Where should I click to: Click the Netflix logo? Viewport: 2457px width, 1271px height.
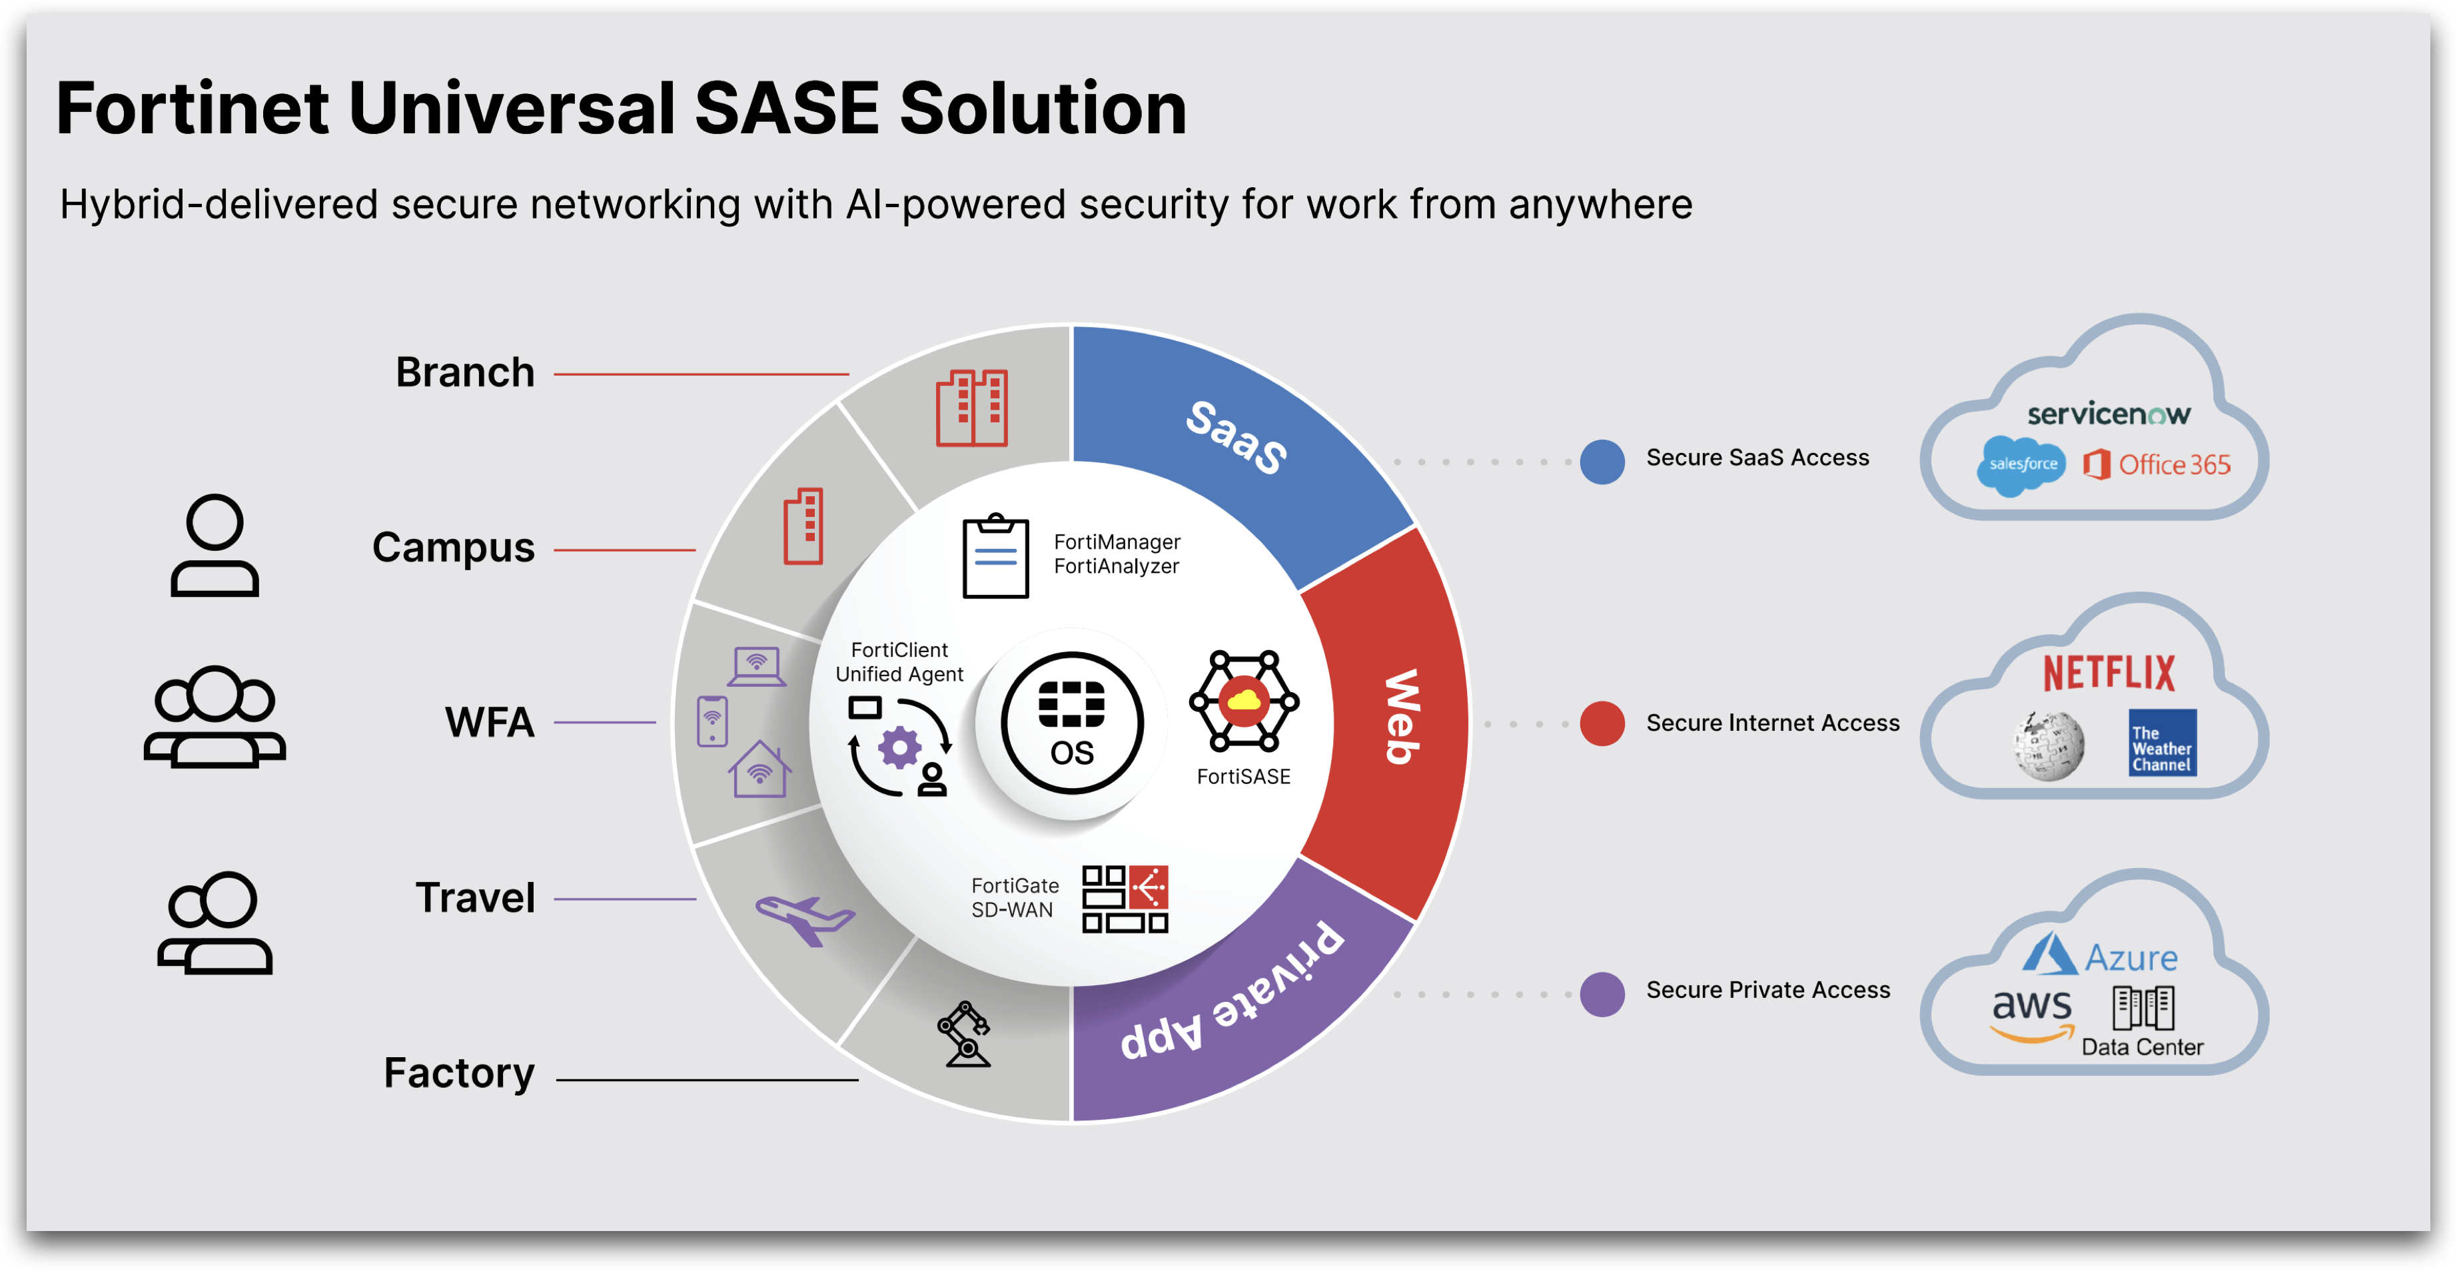tap(2109, 673)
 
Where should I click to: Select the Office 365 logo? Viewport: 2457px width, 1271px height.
tap(2157, 464)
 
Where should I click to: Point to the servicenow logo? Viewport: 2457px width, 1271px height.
tap(2109, 414)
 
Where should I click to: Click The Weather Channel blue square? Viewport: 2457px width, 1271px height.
tap(2163, 742)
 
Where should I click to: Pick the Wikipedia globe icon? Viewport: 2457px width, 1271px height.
tap(2048, 745)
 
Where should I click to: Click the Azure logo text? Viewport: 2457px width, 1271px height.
tap(2131, 957)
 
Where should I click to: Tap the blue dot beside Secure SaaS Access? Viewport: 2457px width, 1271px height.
tap(1602, 462)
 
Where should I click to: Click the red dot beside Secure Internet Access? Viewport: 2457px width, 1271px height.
tap(1602, 723)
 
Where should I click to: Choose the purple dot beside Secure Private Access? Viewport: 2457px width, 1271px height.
tap(1602, 995)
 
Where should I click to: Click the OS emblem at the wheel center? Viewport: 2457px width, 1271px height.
tap(1072, 723)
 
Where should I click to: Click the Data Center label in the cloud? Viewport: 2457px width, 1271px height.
tap(2143, 1047)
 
